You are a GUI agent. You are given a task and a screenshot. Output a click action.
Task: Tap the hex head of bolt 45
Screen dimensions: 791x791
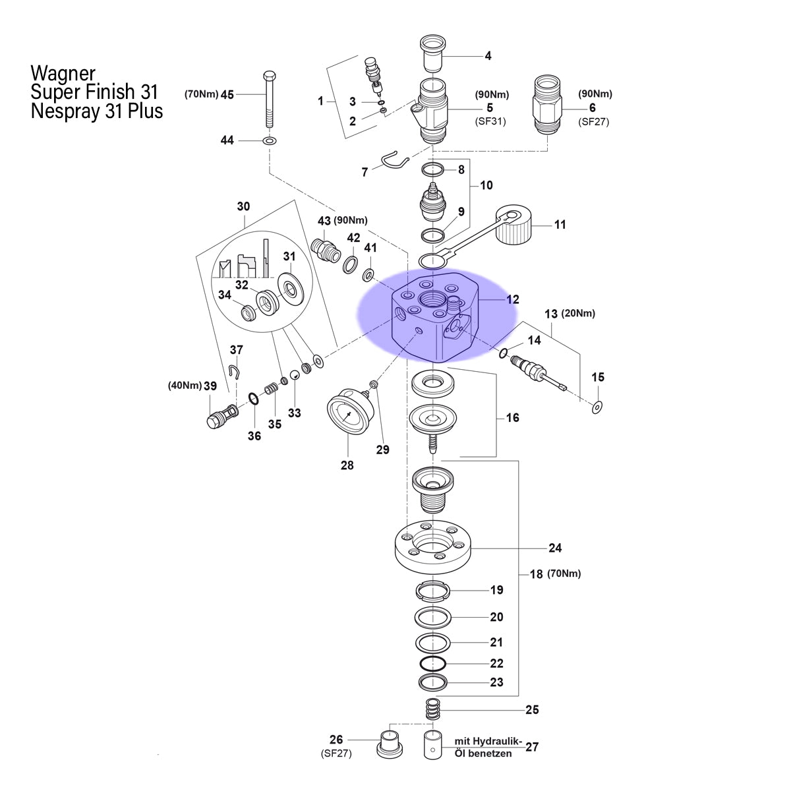(269, 76)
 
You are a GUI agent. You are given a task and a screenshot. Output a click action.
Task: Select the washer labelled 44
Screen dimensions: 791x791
(270, 141)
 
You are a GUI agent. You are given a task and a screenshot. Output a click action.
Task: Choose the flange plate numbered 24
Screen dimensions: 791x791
(432, 546)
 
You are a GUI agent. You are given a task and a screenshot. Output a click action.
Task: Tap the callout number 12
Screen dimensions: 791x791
(512, 299)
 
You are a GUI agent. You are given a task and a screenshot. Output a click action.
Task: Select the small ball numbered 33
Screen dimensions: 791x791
(294, 375)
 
